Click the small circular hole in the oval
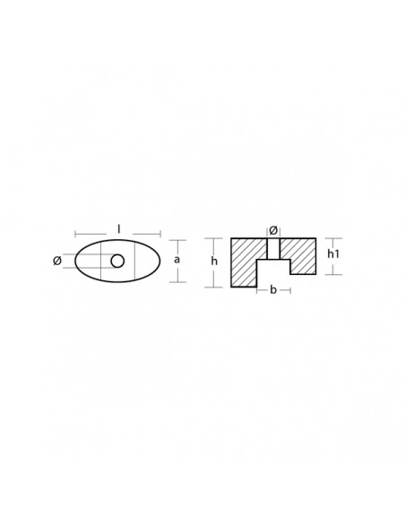[x=118, y=261]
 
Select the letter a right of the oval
[x=177, y=259]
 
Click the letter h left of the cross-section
[x=213, y=261]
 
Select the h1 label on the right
[x=334, y=254]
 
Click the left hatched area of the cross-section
[x=245, y=261]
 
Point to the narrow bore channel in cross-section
[x=273, y=248]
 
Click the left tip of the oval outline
[x=74, y=261]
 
